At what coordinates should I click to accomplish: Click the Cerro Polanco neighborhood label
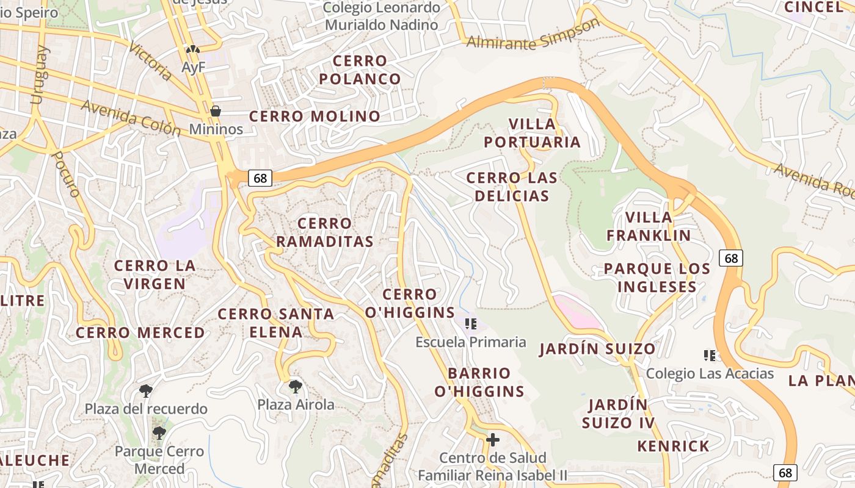coord(360,70)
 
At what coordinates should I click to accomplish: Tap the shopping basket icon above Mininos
coord(215,111)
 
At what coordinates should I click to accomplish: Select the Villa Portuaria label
coord(532,133)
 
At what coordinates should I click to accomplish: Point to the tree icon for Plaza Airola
coord(295,386)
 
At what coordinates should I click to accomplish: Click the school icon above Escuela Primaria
coord(470,323)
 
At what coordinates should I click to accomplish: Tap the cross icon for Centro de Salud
coord(493,439)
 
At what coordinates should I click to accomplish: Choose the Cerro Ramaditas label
coord(324,232)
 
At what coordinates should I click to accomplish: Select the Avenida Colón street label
coord(131,117)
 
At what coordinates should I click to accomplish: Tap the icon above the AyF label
coord(193,49)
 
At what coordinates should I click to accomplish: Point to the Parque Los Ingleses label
coord(657,278)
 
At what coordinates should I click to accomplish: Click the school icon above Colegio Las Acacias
coord(710,355)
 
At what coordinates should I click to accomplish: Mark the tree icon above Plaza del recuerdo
coord(145,390)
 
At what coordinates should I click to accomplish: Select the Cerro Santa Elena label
coord(276,323)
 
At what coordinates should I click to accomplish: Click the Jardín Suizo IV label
coord(618,414)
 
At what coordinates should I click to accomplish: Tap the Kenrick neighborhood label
coord(673,446)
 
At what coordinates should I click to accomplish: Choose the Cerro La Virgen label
coord(155,274)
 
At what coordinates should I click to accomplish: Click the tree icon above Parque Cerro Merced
coord(159,433)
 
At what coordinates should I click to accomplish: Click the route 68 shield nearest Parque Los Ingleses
coord(731,258)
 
